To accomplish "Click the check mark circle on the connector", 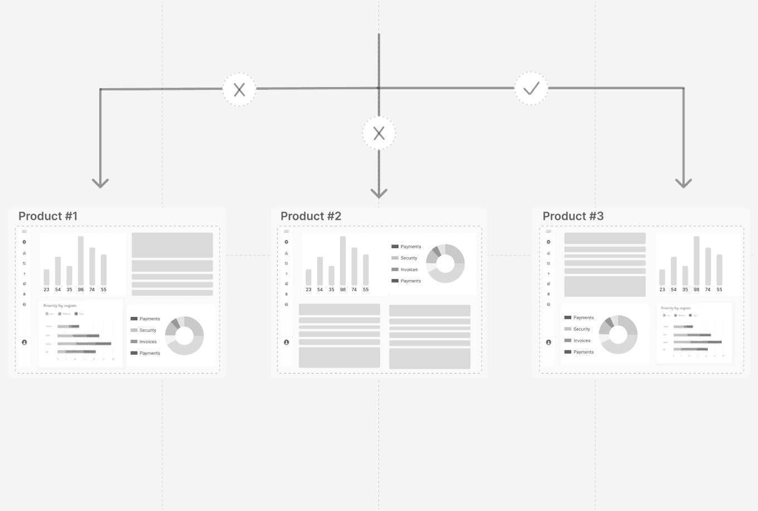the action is pyautogui.click(x=531, y=88).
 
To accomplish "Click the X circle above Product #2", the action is pyautogui.click(x=379, y=133).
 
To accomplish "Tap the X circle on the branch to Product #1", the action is pyautogui.click(x=239, y=89).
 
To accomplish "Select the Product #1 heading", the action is pyautogui.click(x=48, y=216).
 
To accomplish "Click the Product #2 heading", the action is pyautogui.click(x=310, y=216).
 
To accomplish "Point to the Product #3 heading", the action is pyautogui.click(x=573, y=216).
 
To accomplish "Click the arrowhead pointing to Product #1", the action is pyautogui.click(x=100, y=182).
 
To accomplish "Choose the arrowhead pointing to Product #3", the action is pyautogui.click(x=683, y=182).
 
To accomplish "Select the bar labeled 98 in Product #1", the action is pyautogui.click(x=81, y=261).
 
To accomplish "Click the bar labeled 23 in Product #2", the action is pyautogui.click(x=309, y=277).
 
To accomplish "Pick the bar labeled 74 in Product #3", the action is pyautogui.click(x=708, y=266).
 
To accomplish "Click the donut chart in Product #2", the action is pyautogui.click(x=445, y=263).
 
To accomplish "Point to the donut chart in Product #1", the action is pyautogui.click(x=184, y=336).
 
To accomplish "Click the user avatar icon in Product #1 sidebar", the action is pyautogui.click(x=25, y=343).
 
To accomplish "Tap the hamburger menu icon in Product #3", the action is pyautogui.click(x=548, y=232).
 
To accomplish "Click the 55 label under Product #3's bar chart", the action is pyautogui.click(x=719, y=290).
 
